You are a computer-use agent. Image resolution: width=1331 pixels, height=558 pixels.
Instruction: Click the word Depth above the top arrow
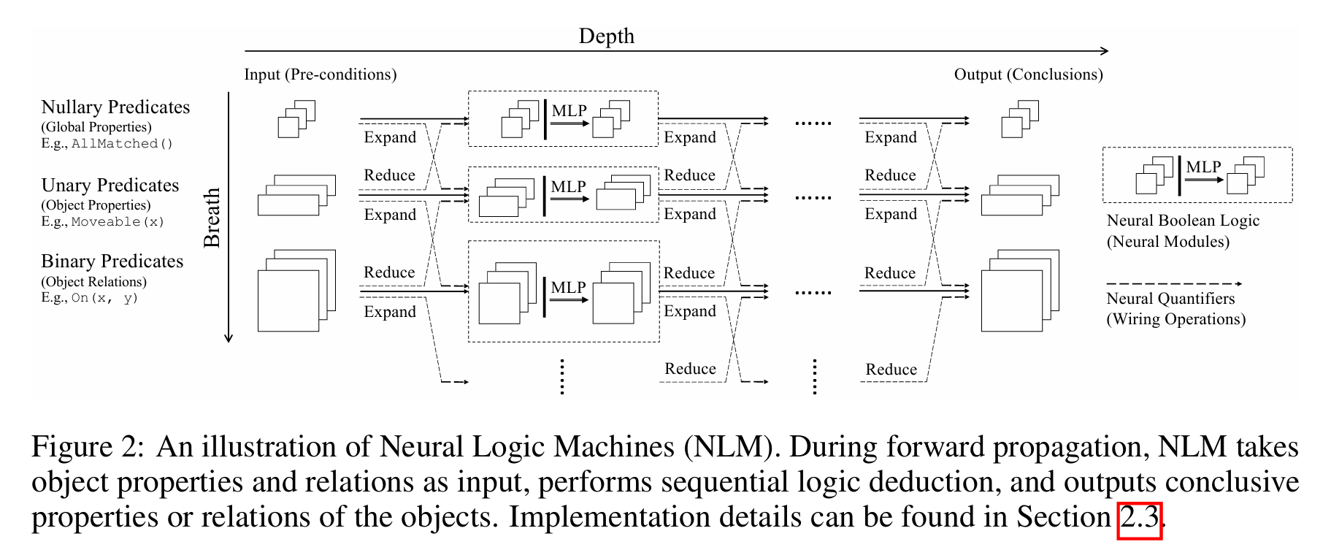(606, 36)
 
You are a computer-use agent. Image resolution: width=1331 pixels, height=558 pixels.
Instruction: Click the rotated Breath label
(212, 218)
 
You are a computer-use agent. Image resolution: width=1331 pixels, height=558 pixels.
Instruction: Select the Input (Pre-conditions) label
(320, 74)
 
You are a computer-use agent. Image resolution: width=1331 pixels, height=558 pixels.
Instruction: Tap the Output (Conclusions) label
(1028, 74)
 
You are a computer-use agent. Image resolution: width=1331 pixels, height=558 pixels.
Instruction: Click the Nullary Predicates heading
(115, 107)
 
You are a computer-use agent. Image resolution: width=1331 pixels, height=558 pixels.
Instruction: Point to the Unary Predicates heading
(110, 186)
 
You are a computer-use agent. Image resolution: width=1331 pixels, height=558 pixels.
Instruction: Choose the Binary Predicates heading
(112, 261)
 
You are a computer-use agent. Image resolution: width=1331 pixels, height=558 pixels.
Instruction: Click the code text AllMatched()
(122, 144)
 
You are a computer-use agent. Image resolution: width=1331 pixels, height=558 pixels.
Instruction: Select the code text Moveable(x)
(118, 222)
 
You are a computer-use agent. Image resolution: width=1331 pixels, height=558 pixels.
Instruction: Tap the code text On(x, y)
(104, 298)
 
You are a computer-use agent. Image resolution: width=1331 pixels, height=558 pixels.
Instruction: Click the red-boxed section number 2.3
(1139, 518)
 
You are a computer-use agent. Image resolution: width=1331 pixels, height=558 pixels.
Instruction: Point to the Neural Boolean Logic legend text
(1183, 221)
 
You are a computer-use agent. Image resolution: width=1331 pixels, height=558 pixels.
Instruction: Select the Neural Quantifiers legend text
(1170, 299)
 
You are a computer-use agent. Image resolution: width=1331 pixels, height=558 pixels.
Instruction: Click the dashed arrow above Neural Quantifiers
(1173, 283)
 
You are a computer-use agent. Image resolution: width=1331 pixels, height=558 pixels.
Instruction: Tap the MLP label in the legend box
(1203, 167)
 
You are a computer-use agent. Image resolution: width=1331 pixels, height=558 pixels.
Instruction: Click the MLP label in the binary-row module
(568, 288)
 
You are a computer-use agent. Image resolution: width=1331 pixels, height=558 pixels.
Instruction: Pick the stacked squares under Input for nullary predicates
(296, 119)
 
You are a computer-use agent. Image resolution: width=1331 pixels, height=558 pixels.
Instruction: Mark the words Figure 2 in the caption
(88, 447)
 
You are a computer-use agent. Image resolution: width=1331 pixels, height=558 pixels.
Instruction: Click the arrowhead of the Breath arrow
(229, 338)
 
